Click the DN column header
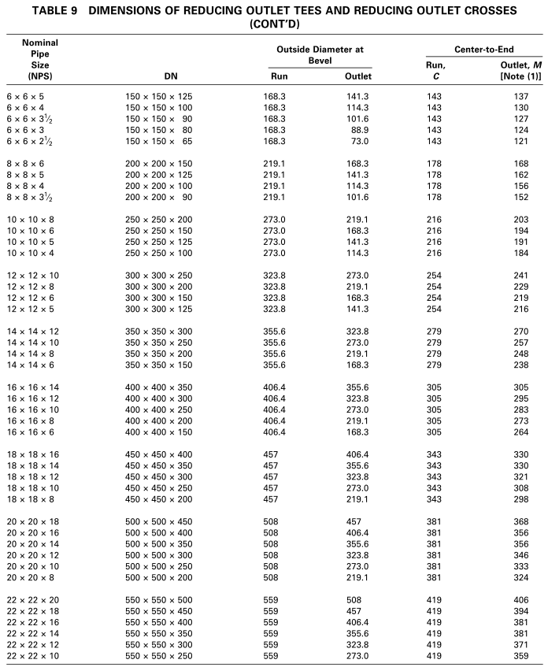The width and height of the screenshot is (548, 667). [x=171, y=76]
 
